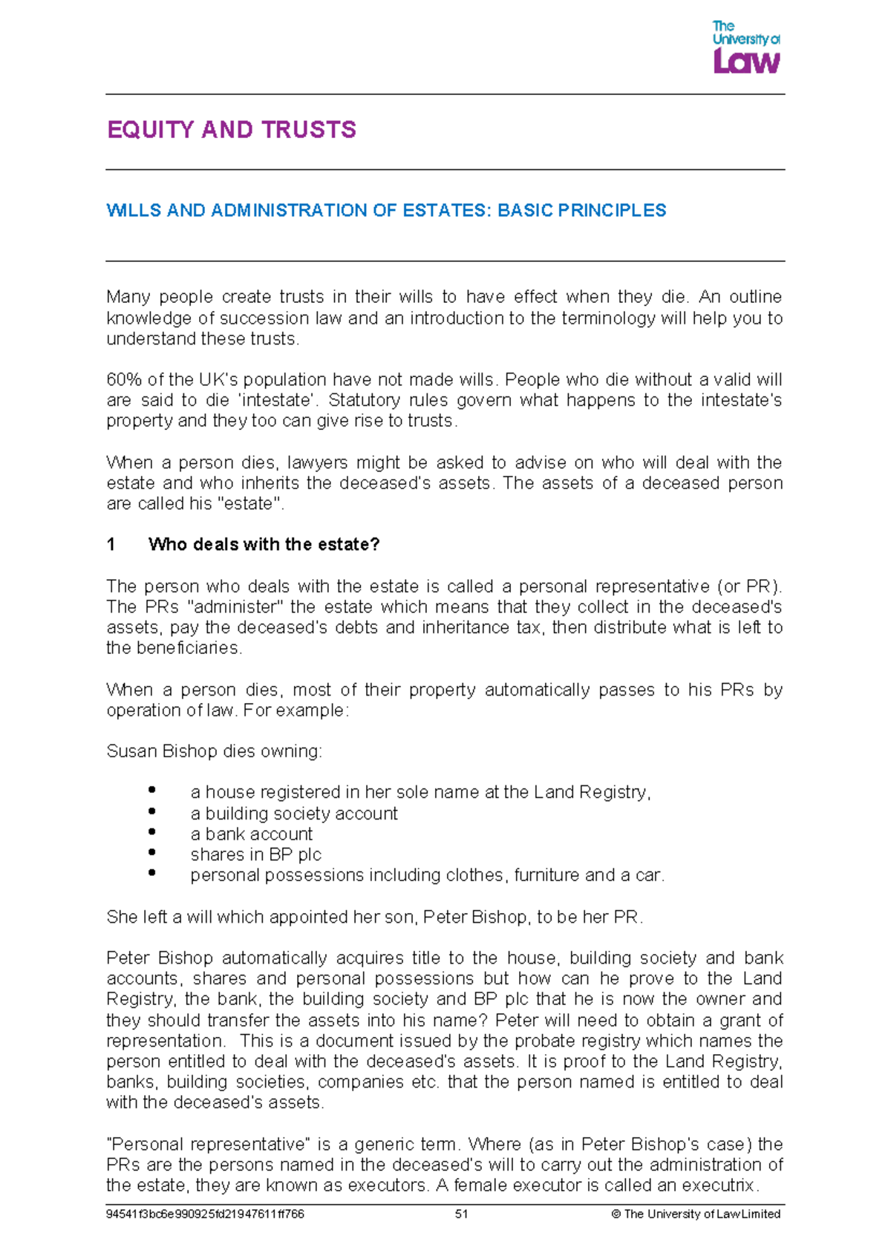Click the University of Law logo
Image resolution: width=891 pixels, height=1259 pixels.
point(745,48)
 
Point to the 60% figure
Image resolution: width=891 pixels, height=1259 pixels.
point(124,380)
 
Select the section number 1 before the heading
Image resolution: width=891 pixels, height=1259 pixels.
point(111,545)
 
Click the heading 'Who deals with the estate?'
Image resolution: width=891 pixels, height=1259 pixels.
point(264,545)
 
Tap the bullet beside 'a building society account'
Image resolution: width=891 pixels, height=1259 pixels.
point(151,811)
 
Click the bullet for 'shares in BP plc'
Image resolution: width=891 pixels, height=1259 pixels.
point(151,853)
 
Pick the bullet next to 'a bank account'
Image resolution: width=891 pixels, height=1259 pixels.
point(151,832)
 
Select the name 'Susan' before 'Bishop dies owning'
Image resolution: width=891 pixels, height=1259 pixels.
point(131,751)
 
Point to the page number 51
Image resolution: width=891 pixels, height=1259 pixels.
point(461,1214)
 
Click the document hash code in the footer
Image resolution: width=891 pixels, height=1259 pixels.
point(205,1214)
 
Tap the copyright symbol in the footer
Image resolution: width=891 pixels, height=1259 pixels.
point(616,1214)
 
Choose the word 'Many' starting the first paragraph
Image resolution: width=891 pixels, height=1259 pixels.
point(128,298)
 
